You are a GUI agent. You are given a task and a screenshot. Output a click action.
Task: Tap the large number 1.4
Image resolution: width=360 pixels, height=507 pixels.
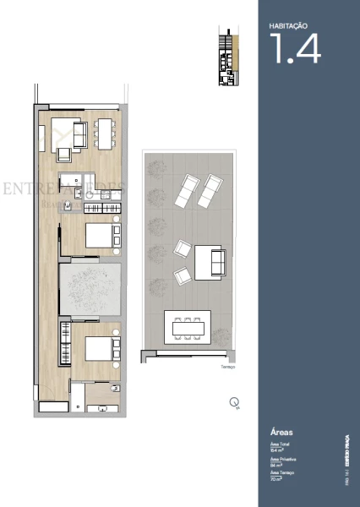pos(295,49)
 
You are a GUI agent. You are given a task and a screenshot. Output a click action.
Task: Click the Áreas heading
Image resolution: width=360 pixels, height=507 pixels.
pos(281,431)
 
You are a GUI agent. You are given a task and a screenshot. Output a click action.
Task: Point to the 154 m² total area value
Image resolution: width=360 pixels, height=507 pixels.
pos(275,450)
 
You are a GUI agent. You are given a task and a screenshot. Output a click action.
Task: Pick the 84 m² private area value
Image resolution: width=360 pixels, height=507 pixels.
pos(275,465)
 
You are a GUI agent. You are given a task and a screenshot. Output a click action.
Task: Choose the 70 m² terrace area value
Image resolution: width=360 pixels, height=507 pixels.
pos(275,479)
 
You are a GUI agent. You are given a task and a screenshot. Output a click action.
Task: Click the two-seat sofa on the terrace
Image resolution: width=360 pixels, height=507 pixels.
pos(209,263)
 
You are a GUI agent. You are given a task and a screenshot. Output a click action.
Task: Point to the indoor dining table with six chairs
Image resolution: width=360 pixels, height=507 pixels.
pos(104,134)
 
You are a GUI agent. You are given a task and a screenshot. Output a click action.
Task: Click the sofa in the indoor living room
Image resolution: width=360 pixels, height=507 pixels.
pos(79,134)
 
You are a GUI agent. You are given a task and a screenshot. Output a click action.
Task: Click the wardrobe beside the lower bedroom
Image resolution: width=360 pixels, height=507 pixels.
pos(64,343)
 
